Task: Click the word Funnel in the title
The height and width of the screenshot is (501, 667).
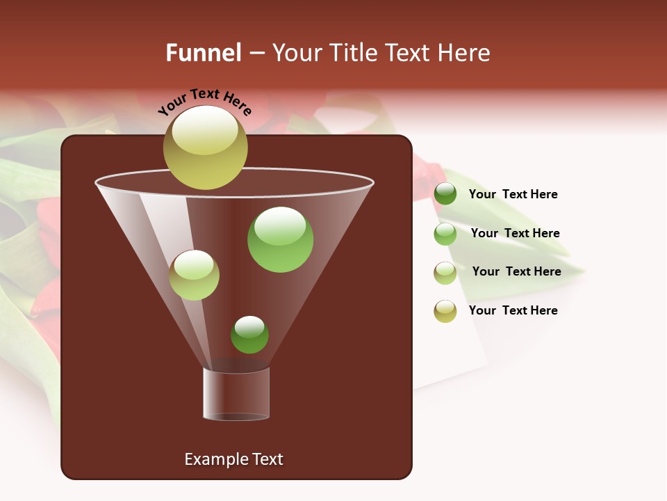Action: [203, 53]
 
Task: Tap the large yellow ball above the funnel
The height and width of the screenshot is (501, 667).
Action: [205, 148]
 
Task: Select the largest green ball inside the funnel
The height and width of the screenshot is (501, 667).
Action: [280, 239]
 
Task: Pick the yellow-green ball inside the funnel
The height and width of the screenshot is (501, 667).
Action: [194, 275]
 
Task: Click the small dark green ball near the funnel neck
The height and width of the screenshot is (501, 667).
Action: [249, 335]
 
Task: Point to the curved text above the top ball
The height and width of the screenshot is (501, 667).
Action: [205, 102]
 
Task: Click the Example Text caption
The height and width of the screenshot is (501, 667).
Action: [233, 459]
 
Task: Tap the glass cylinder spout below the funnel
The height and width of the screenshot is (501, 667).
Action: [236, 394]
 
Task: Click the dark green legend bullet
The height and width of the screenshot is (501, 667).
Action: [445, 194]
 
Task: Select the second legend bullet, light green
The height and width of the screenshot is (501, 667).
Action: [445, 234]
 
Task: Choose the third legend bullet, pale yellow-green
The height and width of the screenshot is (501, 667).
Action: [445, 273]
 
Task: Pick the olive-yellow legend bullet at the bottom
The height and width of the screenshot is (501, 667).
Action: [445, 311]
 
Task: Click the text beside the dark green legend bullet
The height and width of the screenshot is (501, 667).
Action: [513, 194]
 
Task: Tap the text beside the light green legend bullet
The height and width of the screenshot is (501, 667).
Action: [515, 233]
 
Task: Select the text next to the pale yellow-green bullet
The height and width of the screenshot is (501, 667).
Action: [516, 271]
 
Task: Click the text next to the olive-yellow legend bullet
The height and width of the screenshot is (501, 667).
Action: [513, 310]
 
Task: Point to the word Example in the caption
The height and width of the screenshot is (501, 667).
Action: [214, 459]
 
